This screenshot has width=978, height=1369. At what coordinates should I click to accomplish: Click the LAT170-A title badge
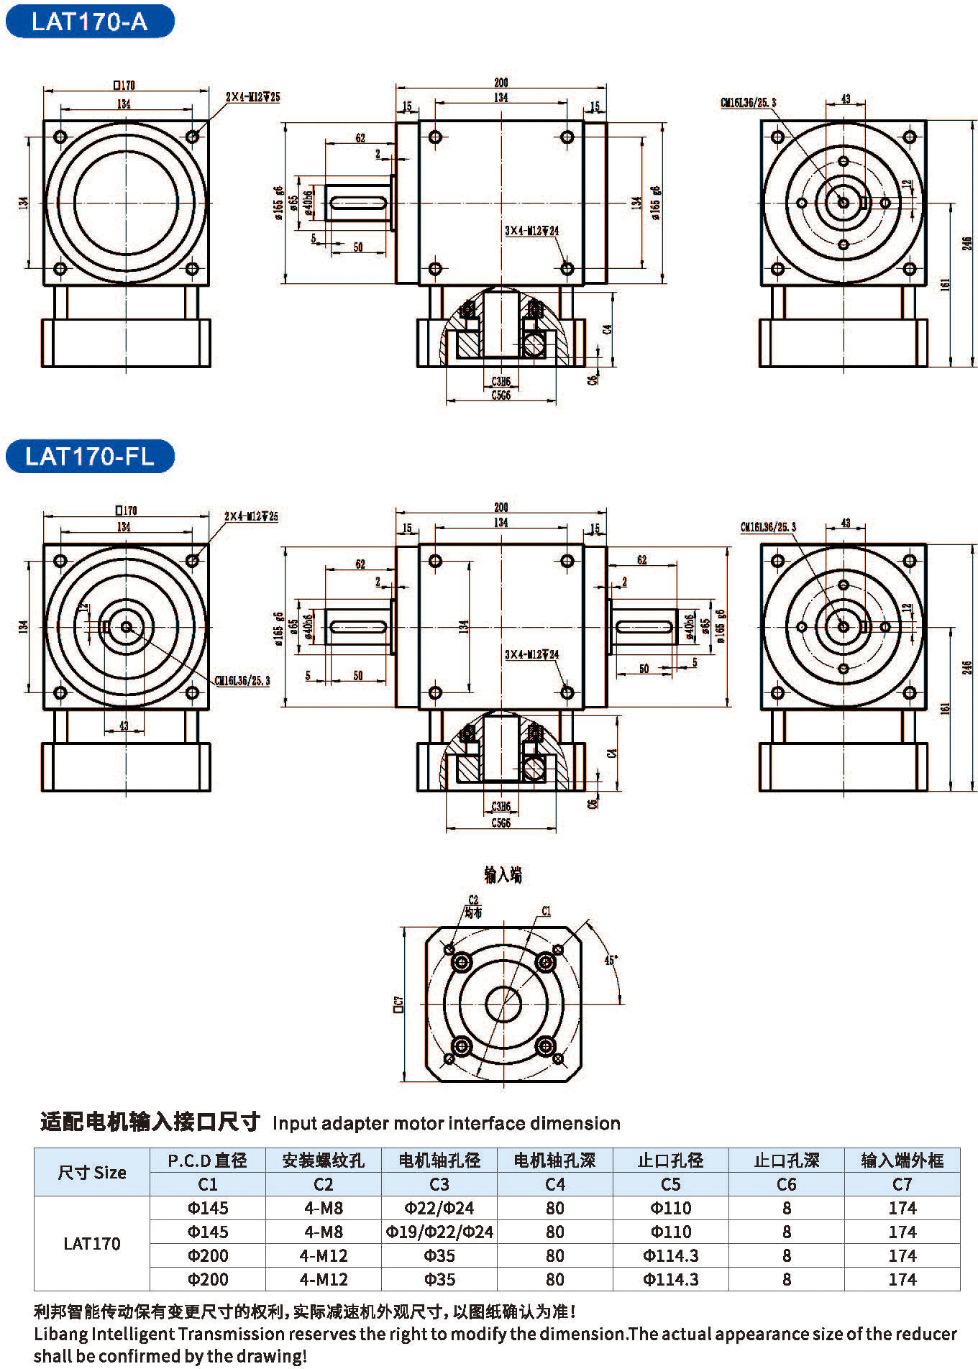pyautogui.click(x=89, y=22)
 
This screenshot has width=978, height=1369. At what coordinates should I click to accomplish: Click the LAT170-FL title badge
pyautogui.click(x=89, y=457)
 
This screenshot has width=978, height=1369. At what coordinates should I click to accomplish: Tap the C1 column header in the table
pyautogui.click(x=207, y=1184)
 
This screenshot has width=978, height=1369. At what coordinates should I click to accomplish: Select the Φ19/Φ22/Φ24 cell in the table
pyautogui.click(x=439, y=1232)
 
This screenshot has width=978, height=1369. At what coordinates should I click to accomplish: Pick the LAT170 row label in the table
pyautogui.click(x=91, y=1243)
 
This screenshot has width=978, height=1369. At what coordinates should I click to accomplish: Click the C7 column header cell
pyautogui.click(x=902, y=1184)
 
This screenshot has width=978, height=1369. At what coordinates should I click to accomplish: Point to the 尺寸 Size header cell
pyautogui.click(x=91, y=1172)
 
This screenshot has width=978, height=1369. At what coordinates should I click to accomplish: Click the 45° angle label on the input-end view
pyautogui.click(x=611, y=960)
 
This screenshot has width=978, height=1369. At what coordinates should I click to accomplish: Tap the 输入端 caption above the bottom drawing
pyautogui.click(x=503, y=874)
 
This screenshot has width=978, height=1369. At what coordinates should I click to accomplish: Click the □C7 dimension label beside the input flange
pyautogui.click(x=398, y=1003)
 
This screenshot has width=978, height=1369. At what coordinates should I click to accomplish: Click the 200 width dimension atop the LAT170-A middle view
pyautogui.click(x=501, y=83)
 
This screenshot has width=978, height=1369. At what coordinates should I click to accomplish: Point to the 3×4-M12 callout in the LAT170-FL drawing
pyautogui.click(x=531, y=654)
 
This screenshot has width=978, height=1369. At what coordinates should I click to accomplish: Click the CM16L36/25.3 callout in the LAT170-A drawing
pyautogui.click(x=749, y=103)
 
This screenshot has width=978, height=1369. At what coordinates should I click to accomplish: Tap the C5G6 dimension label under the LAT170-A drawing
pyautogui.click(x=501, y=395)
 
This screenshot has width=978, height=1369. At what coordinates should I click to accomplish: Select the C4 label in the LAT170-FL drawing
pyautogui.click(x=612, y=754)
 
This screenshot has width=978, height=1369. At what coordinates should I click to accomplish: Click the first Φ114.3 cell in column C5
pyautogui.click(x=670, y=1255)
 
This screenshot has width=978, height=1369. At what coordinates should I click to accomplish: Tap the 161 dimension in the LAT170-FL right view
pyautogui.click(x=946, y=708)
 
